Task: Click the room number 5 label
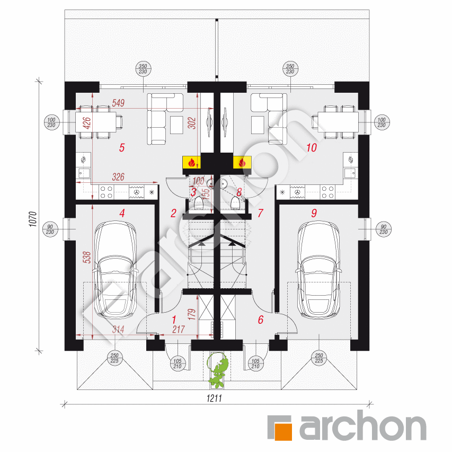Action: (x=122, y=148)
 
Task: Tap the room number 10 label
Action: (x=311, y=148)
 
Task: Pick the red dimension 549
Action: (x=118, y=103)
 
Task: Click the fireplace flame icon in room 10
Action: (x=242, y=163)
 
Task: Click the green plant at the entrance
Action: (x=219, y=370)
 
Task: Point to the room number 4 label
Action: (x=122, y=214)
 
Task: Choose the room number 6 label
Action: (x=260, y=320)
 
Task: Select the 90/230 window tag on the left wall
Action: (x=50, y=228)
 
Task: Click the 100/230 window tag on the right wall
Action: (x=383, y=122)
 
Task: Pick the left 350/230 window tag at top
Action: (x=143, y=69)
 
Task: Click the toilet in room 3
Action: (x=198, y=202)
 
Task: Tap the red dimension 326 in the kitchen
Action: (x=118, y=177)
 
